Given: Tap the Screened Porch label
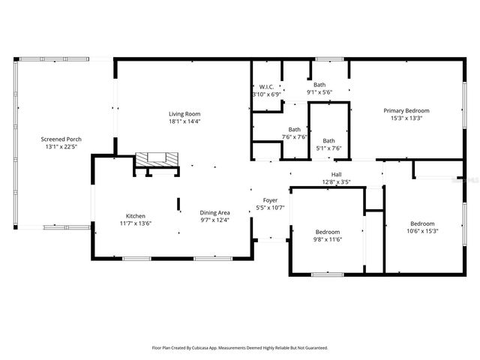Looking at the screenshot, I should [x=62, y=139].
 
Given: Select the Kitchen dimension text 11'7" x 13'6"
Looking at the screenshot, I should [x=136, y=223].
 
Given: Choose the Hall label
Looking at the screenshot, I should [x=336, y=173].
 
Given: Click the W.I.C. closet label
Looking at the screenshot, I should [x=266, y=87].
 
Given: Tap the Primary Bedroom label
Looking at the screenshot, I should [x=412, y=110].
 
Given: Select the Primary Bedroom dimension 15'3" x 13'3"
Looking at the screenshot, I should [x=412, y=118].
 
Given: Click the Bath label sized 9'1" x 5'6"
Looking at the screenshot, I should [x=319, y=85].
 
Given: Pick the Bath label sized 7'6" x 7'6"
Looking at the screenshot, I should [x=295, y=129].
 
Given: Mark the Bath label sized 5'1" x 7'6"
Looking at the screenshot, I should [x=328, y=140].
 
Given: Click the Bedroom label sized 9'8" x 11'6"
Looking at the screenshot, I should [x=328, y=232].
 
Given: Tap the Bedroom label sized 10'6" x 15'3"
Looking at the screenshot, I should [x=421, y=223].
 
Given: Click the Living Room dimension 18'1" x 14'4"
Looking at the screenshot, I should [x=184, y=121].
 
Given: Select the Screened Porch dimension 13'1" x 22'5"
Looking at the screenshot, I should [x=62, y=147].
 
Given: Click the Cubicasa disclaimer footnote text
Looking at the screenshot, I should [x=240, y=348].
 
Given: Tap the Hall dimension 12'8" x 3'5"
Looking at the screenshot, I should [x=336, y=181].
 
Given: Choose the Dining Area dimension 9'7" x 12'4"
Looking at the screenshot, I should [x=214, y=220].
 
